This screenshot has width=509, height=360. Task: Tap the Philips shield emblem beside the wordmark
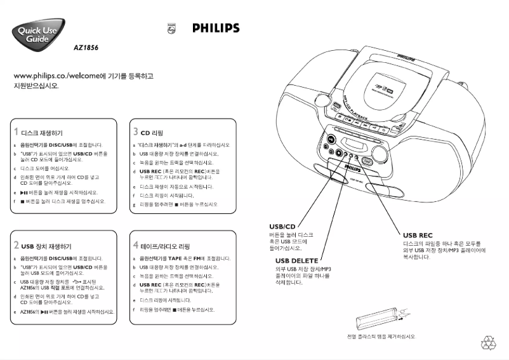pos(171,29)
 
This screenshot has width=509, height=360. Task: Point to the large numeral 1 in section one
pos(16,133)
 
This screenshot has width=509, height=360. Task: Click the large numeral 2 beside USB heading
pos(16,245)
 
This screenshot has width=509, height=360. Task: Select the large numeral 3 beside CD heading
pos(136,132)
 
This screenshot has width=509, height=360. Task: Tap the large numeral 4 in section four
pos(136,245)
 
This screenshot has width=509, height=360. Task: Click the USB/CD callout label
pos(282,226)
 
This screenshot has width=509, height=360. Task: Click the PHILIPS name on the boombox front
pos(355,164)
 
